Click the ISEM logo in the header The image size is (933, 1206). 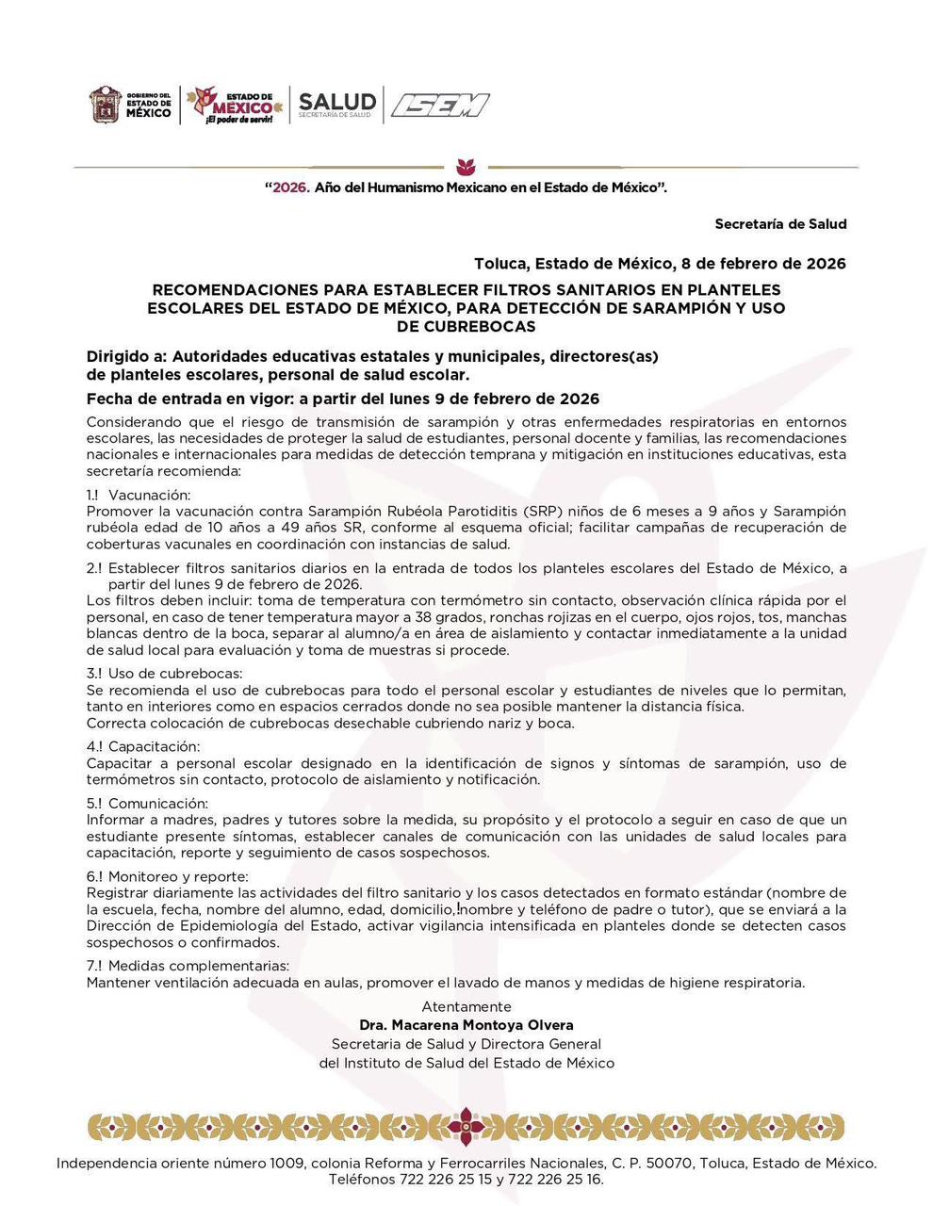pyautogui.click(x=440, y=106)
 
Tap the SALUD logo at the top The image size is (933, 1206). pyautogui.click(x=337, y=105)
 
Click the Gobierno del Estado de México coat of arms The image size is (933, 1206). pyautogui.click(x=106, y=105)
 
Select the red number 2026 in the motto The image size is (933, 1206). pyautogui.click(x=290, y=187)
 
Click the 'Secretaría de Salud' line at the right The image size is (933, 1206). pyautogui.click(x=780, y=224)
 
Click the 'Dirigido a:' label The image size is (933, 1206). pyautogui.click(x=126, y=357)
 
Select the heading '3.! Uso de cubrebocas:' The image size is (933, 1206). pyautogui.click(x=164, y=674)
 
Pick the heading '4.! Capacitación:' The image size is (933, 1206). pyautogui.click(x=143, y=747)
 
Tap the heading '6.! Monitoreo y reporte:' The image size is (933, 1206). pyautogui.click(x=168, y=877)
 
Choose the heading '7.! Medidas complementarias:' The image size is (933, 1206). pyautogui.click(x=188, y=966)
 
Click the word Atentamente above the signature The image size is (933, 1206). pyautogui.click(x=466, y=1007)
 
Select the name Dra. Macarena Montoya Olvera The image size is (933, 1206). pyautogui.click(x=466, y=1025)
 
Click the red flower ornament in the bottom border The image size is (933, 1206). pyautogui.click(x=466, y=1127)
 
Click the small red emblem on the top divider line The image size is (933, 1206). pyautogui.click(x=466, y=167)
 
